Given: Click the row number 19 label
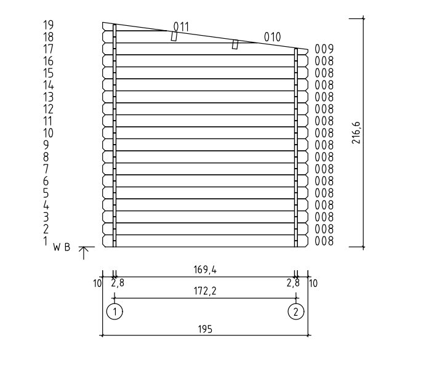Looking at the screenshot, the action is tap(49, 25).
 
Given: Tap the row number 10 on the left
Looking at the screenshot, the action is tap(49, 133).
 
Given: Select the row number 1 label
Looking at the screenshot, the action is tap(46, 241).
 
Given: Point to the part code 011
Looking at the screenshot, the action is tap(181, 27).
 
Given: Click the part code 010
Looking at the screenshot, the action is tap(273, 37).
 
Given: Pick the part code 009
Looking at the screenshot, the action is tap(324, 49).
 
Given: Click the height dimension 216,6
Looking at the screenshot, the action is tap(356, 133).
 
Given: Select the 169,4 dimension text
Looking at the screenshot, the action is tap(205, 270).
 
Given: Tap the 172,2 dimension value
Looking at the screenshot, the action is tap(205, 291).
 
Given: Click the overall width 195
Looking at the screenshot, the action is tap(205, 329).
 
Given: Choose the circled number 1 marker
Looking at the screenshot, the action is tap(114, 311).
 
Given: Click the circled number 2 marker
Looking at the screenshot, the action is tap(296, 311).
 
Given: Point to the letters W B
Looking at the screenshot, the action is tap(62, 247).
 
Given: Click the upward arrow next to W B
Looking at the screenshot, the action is tap(84, 253).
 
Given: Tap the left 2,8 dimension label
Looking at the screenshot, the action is tap(118, 283).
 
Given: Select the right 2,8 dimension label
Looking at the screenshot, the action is tap(293, 283).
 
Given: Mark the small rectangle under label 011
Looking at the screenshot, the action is tap(174, 36).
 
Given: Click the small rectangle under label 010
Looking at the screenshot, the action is tap(235, 44).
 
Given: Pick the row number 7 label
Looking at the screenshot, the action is tap(46, 169).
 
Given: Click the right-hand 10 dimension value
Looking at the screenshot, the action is tap(313, 283).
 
